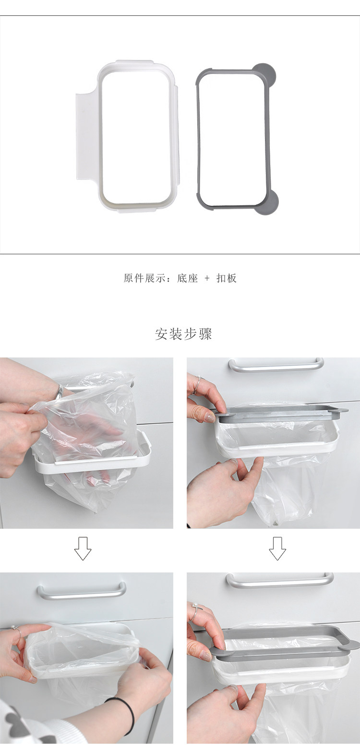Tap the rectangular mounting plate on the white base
[86, 137]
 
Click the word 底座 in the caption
[187, 278]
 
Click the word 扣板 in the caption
[227, 278]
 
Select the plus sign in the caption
[207, 278]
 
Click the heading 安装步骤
[183, 333]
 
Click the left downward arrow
[83, 548]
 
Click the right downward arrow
[277, 548]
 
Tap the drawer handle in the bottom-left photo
[82, 593]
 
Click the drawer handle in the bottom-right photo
[280, 580]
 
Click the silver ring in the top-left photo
[60, 391]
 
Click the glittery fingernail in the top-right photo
[209, 417]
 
